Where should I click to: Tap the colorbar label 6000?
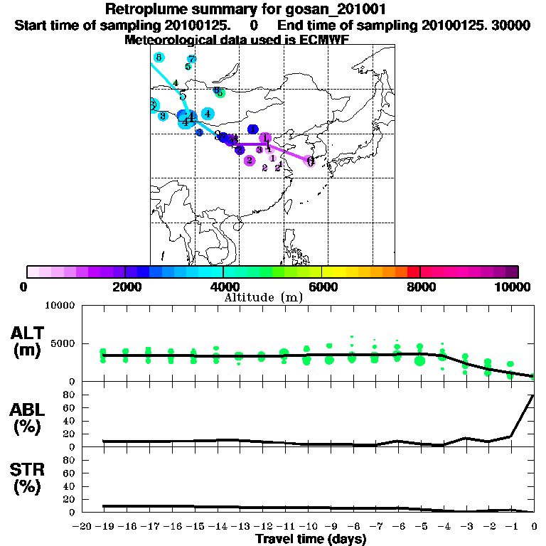coord(322,287)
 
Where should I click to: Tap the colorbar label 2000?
coord(125,287)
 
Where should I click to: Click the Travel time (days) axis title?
coord(311,539)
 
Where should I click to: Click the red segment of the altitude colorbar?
coord(414,272)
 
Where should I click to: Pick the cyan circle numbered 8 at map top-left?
coord(159,57)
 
